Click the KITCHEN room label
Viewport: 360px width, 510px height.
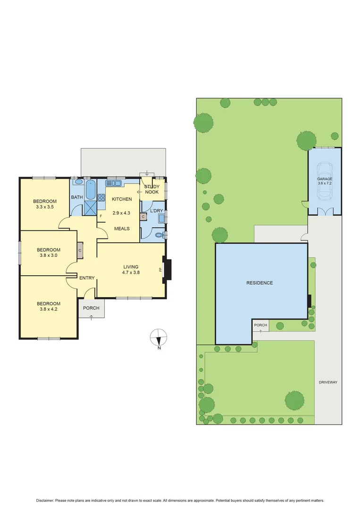122,199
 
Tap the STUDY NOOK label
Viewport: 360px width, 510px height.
152,189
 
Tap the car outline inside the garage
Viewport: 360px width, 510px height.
324,182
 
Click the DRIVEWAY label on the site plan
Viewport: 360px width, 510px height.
328,382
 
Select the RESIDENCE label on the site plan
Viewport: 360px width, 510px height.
260,283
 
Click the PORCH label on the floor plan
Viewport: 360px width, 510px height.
91,308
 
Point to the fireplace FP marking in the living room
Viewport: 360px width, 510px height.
160,270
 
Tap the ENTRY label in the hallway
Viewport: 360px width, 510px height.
87,278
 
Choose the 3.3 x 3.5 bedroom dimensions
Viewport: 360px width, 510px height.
46,207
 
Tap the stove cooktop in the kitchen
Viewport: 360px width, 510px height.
101,194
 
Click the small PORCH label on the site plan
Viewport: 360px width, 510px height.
260,325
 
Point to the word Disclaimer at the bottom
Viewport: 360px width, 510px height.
45,501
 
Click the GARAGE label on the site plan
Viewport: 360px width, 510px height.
325,179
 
